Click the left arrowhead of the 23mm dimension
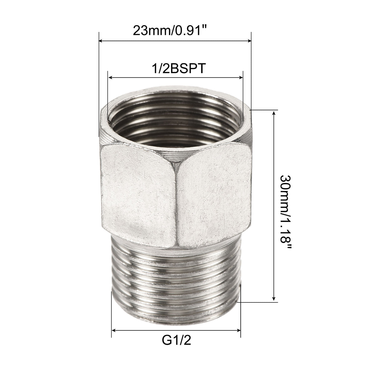click(101, 41)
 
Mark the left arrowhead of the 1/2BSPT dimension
click(110, 78)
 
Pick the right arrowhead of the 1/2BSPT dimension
click(241, 78)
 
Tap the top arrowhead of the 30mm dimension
click(274, 113)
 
